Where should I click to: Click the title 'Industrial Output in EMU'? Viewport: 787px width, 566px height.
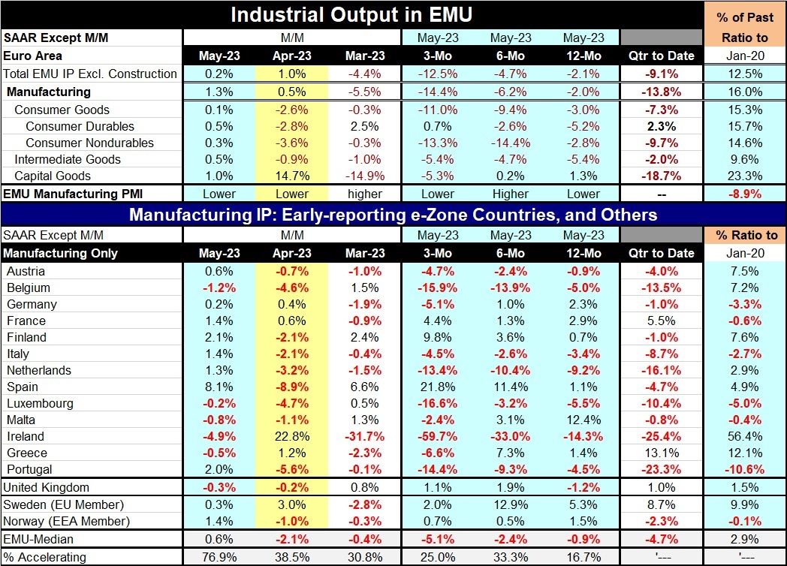351,15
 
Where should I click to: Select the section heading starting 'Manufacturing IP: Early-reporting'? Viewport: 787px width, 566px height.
393,215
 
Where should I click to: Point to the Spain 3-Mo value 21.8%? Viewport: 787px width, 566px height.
437,387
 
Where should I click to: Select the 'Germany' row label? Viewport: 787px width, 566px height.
32,304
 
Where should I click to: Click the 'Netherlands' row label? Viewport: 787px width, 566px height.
39,370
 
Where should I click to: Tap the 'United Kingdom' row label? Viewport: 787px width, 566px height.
47,487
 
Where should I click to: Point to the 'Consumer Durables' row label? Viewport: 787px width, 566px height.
80,126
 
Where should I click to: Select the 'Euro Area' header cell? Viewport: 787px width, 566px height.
33,56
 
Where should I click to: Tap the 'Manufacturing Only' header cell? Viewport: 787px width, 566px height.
61,253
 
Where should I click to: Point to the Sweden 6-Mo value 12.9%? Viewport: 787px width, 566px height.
511,504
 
